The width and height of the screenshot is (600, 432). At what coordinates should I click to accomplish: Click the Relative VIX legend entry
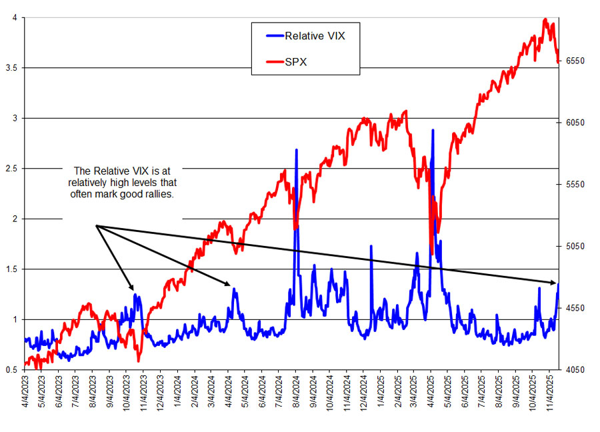314,35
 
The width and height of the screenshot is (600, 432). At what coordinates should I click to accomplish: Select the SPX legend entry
295,61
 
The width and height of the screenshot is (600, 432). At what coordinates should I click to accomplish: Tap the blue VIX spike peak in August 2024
296,150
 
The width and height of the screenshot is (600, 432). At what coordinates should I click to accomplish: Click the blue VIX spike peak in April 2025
433,130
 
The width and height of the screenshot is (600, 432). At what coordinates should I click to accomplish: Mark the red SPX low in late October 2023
139,361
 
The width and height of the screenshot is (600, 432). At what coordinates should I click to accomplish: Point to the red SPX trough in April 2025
431,253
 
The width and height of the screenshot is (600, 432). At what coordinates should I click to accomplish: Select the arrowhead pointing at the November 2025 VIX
554,283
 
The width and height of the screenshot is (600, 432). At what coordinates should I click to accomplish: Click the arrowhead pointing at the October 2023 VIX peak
133,290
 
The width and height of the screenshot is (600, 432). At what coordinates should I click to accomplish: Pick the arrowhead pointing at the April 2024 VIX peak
229,285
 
